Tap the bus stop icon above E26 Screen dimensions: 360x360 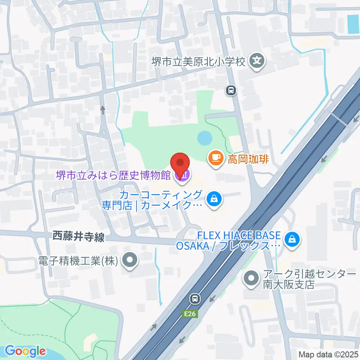coord(195,299)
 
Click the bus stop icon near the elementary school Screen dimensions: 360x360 coord(231,90)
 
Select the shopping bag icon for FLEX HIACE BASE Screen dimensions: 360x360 coord(291,238)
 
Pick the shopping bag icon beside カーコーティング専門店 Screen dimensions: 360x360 coord(214,199)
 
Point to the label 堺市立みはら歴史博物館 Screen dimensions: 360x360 coord(113,175)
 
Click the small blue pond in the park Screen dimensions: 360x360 coord(204,138)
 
